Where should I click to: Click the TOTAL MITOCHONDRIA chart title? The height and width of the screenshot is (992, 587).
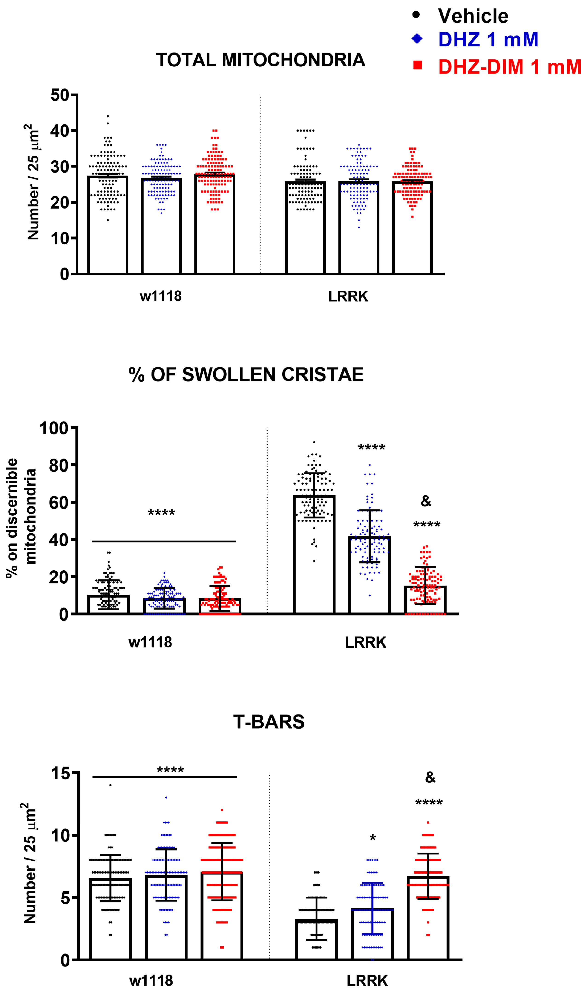[260, 60]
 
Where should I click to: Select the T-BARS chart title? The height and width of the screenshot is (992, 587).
[269, 722]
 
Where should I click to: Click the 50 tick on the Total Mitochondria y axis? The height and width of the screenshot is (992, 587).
[60, 95]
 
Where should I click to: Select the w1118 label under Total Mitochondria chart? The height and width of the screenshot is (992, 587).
[161, 296]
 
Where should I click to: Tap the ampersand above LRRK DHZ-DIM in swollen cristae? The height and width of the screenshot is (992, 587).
[426, 501]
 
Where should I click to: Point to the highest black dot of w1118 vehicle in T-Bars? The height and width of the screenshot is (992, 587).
[110, 785]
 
